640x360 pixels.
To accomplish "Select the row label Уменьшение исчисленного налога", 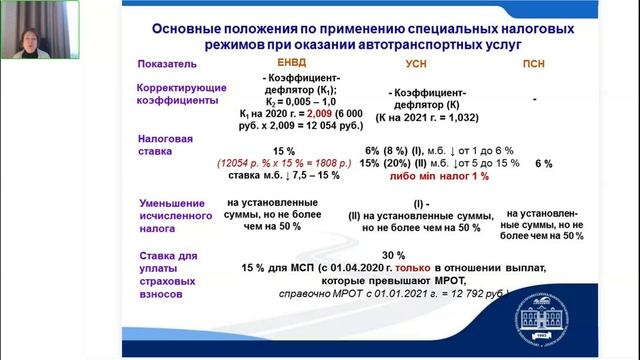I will pos(175,212).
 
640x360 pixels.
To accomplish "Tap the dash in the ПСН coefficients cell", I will pos(536,100).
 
